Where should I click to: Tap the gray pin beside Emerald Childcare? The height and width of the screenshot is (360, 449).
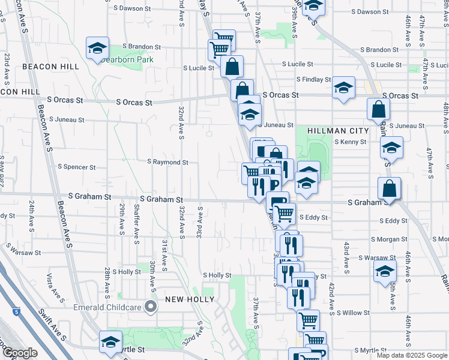pos(151,308)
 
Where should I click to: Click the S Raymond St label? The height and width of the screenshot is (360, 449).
pos(167,162)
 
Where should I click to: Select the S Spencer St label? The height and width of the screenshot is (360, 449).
pos(76,167)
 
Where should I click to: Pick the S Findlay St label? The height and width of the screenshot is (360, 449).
pos(313,79)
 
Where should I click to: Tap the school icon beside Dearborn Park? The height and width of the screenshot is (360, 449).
pos(96,49)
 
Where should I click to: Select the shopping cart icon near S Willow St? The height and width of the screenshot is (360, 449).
pos(308,319)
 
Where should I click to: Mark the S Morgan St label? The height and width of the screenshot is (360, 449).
pos(389,239)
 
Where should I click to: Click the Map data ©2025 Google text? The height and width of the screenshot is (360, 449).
pos(412,355)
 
